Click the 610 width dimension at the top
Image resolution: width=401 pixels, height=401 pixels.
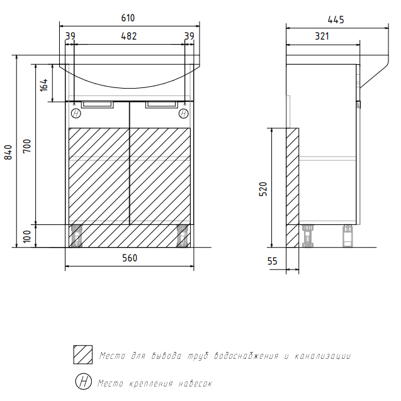[x=128, y=18]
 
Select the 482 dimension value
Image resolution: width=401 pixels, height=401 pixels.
[x=129, y=36]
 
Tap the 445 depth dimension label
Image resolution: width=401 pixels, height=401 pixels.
[x=336, y=19]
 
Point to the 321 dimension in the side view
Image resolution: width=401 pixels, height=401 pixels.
[x=322, y=36]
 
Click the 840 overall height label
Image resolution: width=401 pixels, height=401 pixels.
[x=8, y=152]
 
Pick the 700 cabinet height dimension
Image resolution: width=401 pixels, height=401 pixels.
[x=27, y=146]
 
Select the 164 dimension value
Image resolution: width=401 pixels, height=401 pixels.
[x=44, y=85]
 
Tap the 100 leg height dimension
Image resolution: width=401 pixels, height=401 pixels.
[x=27, y=236]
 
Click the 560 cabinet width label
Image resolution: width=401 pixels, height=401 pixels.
[x=130, y=258]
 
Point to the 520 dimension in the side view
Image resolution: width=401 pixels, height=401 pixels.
[x=263, y=189]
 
